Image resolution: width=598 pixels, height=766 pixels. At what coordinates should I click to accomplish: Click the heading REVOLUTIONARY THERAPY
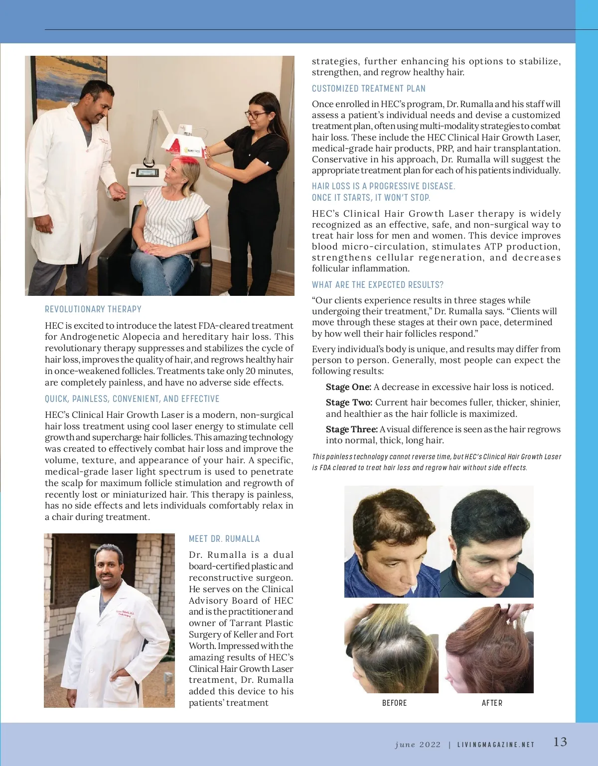[x=93, y=309]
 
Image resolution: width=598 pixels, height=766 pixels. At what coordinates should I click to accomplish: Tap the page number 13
[x=560, y=742]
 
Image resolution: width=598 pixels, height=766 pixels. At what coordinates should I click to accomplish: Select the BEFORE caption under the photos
[x=394, y=703]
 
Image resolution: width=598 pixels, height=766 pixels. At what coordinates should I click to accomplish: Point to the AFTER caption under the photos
[x=492, y=703]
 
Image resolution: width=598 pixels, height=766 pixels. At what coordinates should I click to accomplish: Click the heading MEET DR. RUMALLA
[x=224, y=539]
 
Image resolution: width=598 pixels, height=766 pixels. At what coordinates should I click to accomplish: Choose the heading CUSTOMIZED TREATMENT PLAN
[x=369, y=89]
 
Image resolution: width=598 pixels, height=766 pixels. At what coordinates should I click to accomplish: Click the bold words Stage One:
[x=348, y=387]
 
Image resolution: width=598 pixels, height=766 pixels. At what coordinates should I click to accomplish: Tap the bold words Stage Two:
[x=349, y=402]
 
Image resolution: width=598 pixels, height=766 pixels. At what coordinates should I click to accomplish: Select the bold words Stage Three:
[x=351, y=429]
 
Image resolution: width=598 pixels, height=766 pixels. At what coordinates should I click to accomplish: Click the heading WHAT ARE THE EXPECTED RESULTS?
[x=378, y=285]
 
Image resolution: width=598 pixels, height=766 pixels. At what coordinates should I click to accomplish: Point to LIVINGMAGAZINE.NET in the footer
[x=496, y=745]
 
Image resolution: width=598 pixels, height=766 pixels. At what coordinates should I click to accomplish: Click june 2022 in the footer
[x=418, y=745]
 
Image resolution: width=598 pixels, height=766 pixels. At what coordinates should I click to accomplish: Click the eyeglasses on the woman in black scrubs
[x=256, y=115]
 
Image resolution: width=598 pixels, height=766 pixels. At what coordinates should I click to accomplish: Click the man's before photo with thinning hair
[x=392, y=541]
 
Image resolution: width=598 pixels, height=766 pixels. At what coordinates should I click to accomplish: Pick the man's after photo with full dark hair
[x=487, y=541]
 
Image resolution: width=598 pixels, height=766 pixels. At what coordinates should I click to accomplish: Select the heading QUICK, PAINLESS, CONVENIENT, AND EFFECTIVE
[x=132, y=399]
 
